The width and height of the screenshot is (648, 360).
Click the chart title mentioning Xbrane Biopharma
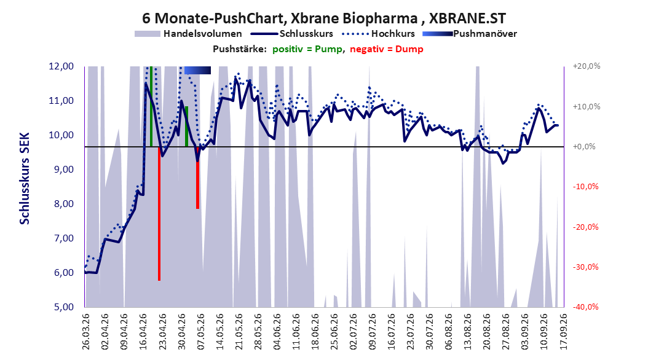click(x=323, y=18)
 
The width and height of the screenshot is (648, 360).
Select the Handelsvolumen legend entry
click(x=188, y=34)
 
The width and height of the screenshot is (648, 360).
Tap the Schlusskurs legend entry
click(x=292, y=34)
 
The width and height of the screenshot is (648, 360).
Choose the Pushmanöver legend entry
click(x=470, y=34)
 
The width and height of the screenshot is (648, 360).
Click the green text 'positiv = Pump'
click(x=307, y=49)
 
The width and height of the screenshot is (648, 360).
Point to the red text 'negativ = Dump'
click(x=387, y=49)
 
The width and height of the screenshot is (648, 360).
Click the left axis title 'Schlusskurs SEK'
click(x=25, y=178)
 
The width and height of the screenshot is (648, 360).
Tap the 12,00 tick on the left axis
click(x=61, y=66)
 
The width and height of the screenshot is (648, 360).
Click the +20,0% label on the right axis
click(x=587, y=66)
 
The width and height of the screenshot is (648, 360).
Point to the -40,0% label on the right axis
click(x=585, y=307)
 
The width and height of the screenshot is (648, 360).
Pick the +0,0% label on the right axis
click(x=584, y=147)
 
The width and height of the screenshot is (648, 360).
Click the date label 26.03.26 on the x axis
click(x=86, y=332)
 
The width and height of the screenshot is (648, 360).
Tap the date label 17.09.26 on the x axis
click(x=563, y=332)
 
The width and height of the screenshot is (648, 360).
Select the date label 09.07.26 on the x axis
click(x=373, y=332)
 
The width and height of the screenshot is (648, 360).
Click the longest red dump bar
click(x=159, y=213)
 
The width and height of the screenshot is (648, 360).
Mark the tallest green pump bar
click(x=151, y=106)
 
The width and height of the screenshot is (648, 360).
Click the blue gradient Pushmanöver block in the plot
click(x=197, y=70)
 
